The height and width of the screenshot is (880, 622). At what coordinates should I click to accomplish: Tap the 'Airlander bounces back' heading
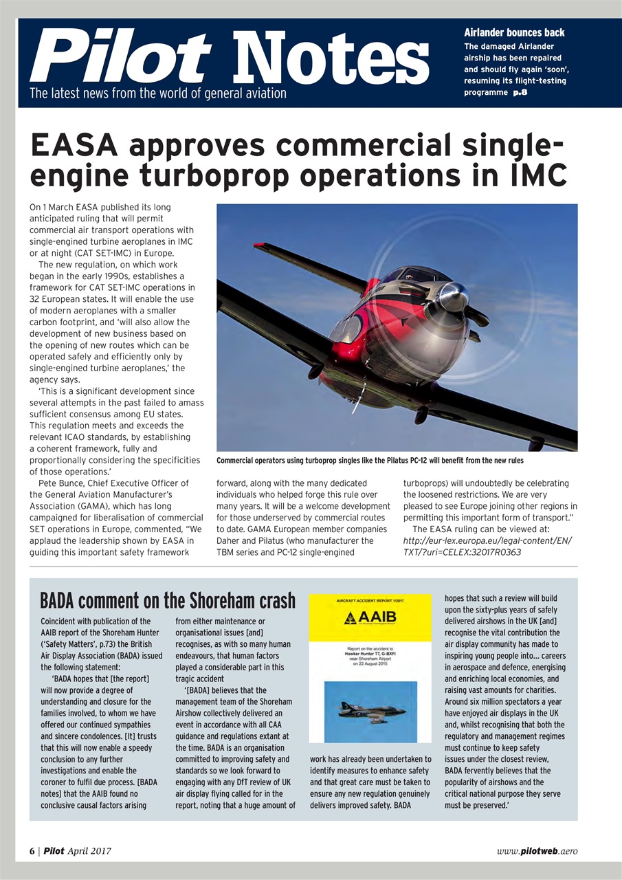(x=514, y=32)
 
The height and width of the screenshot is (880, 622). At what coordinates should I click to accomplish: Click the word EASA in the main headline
(x=76, y=146)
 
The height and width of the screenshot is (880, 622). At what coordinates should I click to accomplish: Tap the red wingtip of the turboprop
(x=262, y=245)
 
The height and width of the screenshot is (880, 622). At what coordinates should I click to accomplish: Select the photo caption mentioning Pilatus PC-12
(x=370, y=460)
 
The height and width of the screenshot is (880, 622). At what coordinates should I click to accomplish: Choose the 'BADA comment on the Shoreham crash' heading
(x=167, y=600)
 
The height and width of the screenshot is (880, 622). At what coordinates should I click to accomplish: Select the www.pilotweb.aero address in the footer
(x=537, y=850)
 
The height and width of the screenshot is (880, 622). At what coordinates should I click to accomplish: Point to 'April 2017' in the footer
(x=89, y=850)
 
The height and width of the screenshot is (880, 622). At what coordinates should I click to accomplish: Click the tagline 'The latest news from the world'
(x=157, y=93)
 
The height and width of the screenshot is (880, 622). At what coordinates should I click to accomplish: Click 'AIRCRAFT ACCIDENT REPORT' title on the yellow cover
(x=370, y=601)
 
